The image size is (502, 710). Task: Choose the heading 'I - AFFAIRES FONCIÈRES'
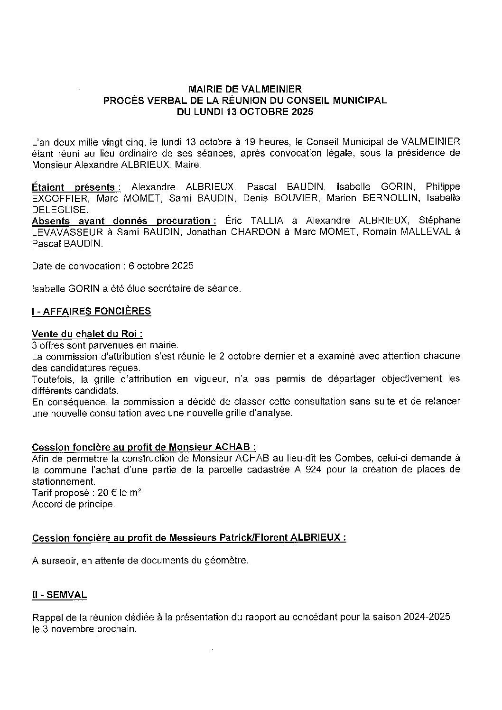pos(91,311)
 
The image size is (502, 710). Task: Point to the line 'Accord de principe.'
pos(74,504)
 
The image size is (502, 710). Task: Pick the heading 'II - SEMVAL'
pos(59,595)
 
